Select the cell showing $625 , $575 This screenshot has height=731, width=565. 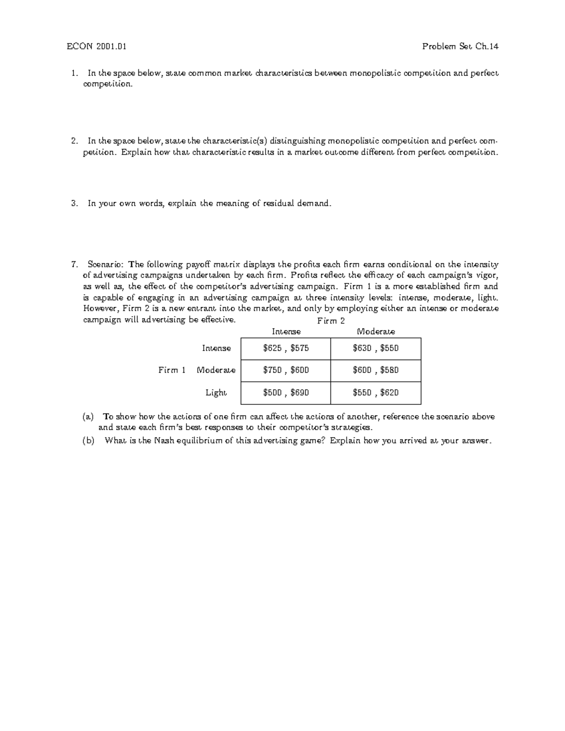click(286, 348)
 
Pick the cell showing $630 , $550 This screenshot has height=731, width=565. click(376, 348)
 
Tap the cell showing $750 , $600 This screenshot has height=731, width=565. click(286, 370)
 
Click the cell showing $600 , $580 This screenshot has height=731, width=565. click(376, 370)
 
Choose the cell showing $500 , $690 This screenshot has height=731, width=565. click(286, 393)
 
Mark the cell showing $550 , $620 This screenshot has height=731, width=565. click(376, 393)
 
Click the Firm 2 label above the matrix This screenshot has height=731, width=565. click(331, 321)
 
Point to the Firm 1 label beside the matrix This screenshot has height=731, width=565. click(172, 370)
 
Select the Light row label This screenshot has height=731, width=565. click(216, 393)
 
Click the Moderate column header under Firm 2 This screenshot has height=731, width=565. click(376, 332)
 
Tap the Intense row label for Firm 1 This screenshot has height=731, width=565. click(217, 348)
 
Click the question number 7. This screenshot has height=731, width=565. click(74, 264)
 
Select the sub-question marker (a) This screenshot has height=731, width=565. click(88, 417)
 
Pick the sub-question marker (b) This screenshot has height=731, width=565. click(88, 441)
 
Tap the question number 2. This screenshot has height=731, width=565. click(74, 141)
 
